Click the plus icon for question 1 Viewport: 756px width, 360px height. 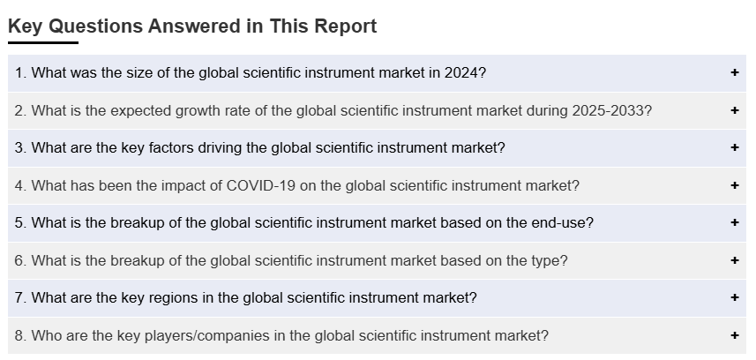coord(735,72)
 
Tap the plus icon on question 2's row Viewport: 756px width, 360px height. coord(735,110)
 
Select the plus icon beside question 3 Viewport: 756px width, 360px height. coord(735,147)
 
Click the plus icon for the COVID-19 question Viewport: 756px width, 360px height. coord(735,185)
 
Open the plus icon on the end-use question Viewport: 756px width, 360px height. coord(735,222)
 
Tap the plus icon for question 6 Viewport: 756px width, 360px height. coord(735,260)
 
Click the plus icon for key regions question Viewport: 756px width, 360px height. coord(735,297)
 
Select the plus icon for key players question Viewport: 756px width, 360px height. coord(735,335)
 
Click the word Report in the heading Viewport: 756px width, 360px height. coord(346,26)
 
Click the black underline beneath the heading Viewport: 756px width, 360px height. coord(43,43)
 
